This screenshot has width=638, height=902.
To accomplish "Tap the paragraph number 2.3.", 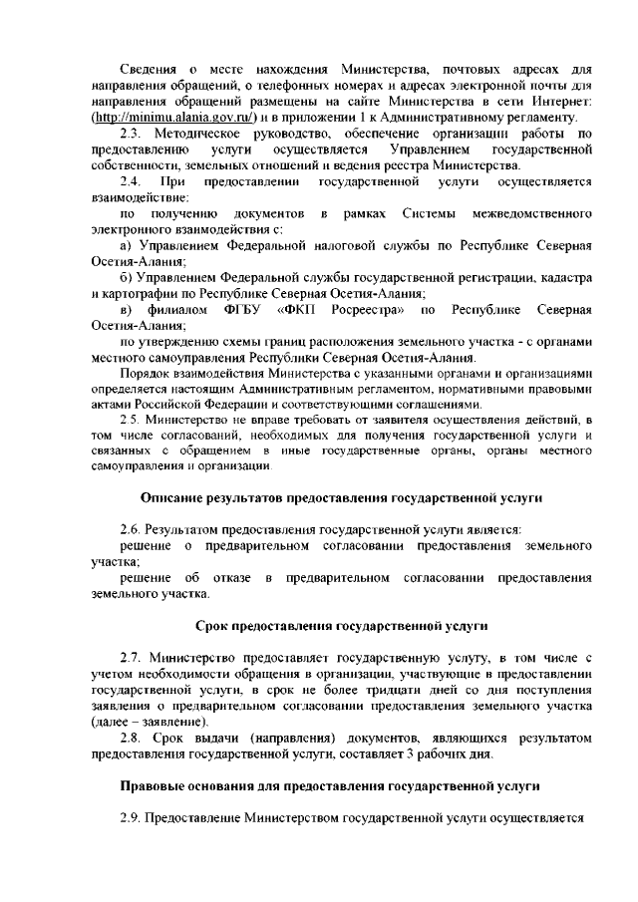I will pos(133,133).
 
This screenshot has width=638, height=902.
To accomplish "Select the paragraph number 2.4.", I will pos(132,181).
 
